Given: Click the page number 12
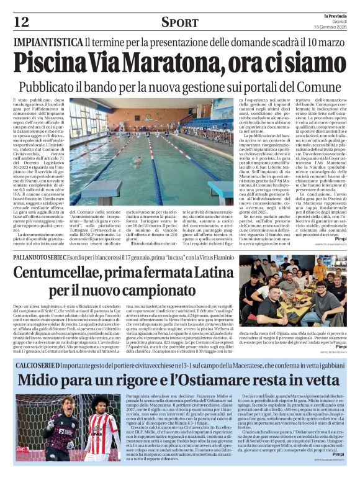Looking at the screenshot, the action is (x=21, y=22).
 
